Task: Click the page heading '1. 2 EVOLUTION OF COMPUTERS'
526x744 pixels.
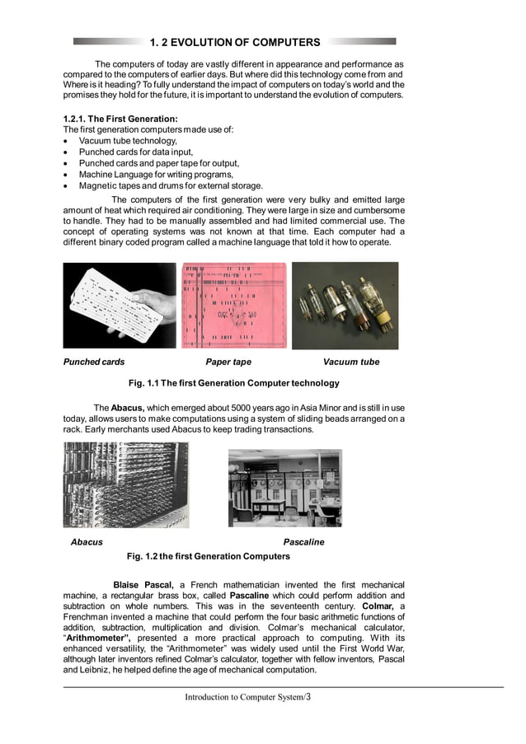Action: point(235,42)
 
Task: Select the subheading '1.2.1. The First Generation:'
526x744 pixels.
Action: point(120,119)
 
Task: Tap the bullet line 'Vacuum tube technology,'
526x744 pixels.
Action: point(128,141)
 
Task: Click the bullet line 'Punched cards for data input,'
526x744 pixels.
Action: point(136,152)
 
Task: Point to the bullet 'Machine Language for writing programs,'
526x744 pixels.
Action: point(156,175)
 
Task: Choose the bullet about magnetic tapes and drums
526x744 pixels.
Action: point(171,186)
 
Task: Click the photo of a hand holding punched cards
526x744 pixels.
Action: point(120,305)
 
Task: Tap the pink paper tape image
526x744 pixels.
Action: point(234,305)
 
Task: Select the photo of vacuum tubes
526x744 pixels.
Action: point(345,305)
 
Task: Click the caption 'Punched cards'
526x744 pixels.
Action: point(94,362)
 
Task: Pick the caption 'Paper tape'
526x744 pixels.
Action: point(228,362)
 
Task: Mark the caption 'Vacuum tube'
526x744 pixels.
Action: point(351,362)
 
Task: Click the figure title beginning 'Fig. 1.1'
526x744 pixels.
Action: point(234,383)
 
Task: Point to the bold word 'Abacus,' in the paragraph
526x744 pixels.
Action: point(128,408)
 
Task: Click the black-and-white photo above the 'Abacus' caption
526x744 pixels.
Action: point(125,484)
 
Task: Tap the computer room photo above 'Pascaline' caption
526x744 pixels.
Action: point(284,487)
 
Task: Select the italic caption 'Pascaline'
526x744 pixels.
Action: point(303,542)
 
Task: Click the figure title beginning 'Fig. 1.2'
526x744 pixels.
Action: point(208,556)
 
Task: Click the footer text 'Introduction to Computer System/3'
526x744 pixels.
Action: point(247,697)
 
